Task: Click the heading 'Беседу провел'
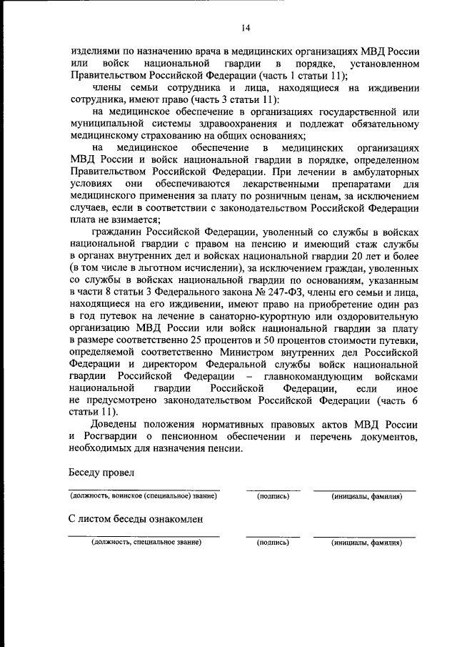pos(102,473)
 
